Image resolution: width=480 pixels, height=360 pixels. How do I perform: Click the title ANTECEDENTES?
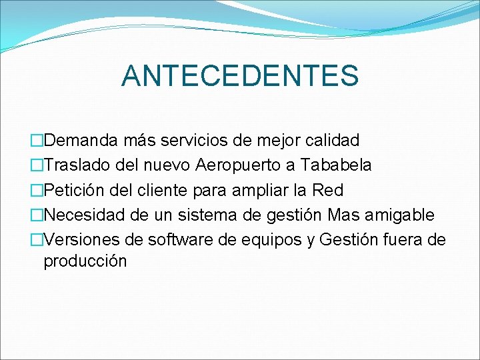point(240,75)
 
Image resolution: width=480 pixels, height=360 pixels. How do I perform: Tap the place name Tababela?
point(336,165)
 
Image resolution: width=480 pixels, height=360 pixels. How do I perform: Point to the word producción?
point(85,261)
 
